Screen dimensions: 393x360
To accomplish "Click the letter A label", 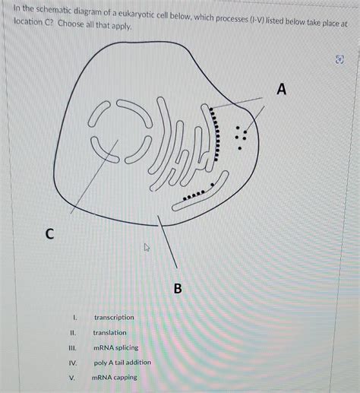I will tap(282, 90).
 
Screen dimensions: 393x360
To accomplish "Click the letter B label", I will tap(178, 289).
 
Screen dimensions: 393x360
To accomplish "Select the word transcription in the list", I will tap(114, 317).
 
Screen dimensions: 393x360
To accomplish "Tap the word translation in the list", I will tap(110, 332).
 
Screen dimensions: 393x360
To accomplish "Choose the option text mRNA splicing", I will tap(115, 347).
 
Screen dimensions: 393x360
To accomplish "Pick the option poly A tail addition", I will tap(122, 362).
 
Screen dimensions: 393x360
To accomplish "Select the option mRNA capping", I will tap(115, 377).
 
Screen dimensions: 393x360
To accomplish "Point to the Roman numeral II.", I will tap(72, 332).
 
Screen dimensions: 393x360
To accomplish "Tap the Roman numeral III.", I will tap(72, 347).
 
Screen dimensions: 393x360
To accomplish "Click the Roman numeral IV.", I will tap(72, 363).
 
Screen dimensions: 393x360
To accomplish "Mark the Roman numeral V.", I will tap(72, 377).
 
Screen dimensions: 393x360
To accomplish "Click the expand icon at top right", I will tap(339, 59).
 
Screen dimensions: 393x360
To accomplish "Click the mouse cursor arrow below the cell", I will tap(147, 248).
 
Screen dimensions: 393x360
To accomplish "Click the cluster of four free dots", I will tap(242, 134).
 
